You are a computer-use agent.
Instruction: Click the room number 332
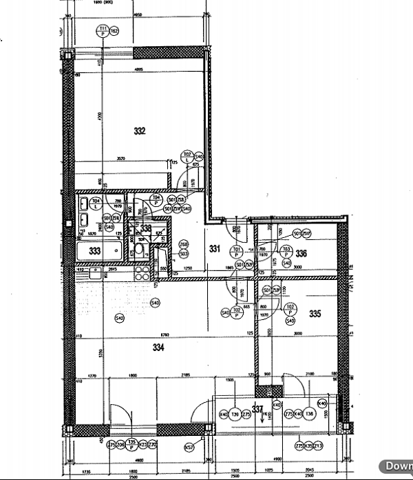pyautogui.click(x=140, y=130)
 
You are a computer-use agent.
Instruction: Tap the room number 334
pyautogui.click(x=159, y=348)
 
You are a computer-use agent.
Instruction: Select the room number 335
pyautogui.click(x=315, y=314)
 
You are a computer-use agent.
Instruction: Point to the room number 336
pyautogui.click(x=301, y=253)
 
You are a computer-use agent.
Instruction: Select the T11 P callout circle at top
pyautogui.click(x=102, y=30)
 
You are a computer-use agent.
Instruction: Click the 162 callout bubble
pyautogui.click(x=114, y=31)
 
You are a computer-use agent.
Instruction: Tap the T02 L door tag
pyautogui.click(x=187, y=157)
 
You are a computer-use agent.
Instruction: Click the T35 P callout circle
pyautogui.click(x=131, y=445)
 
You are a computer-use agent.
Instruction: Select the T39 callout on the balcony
pyautogui.click(x=235, y=414)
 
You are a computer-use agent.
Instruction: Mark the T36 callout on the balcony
pyautogui.click(x=310, y=414)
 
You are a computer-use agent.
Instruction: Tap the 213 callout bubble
pyautogui.click(x=318, y=446)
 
